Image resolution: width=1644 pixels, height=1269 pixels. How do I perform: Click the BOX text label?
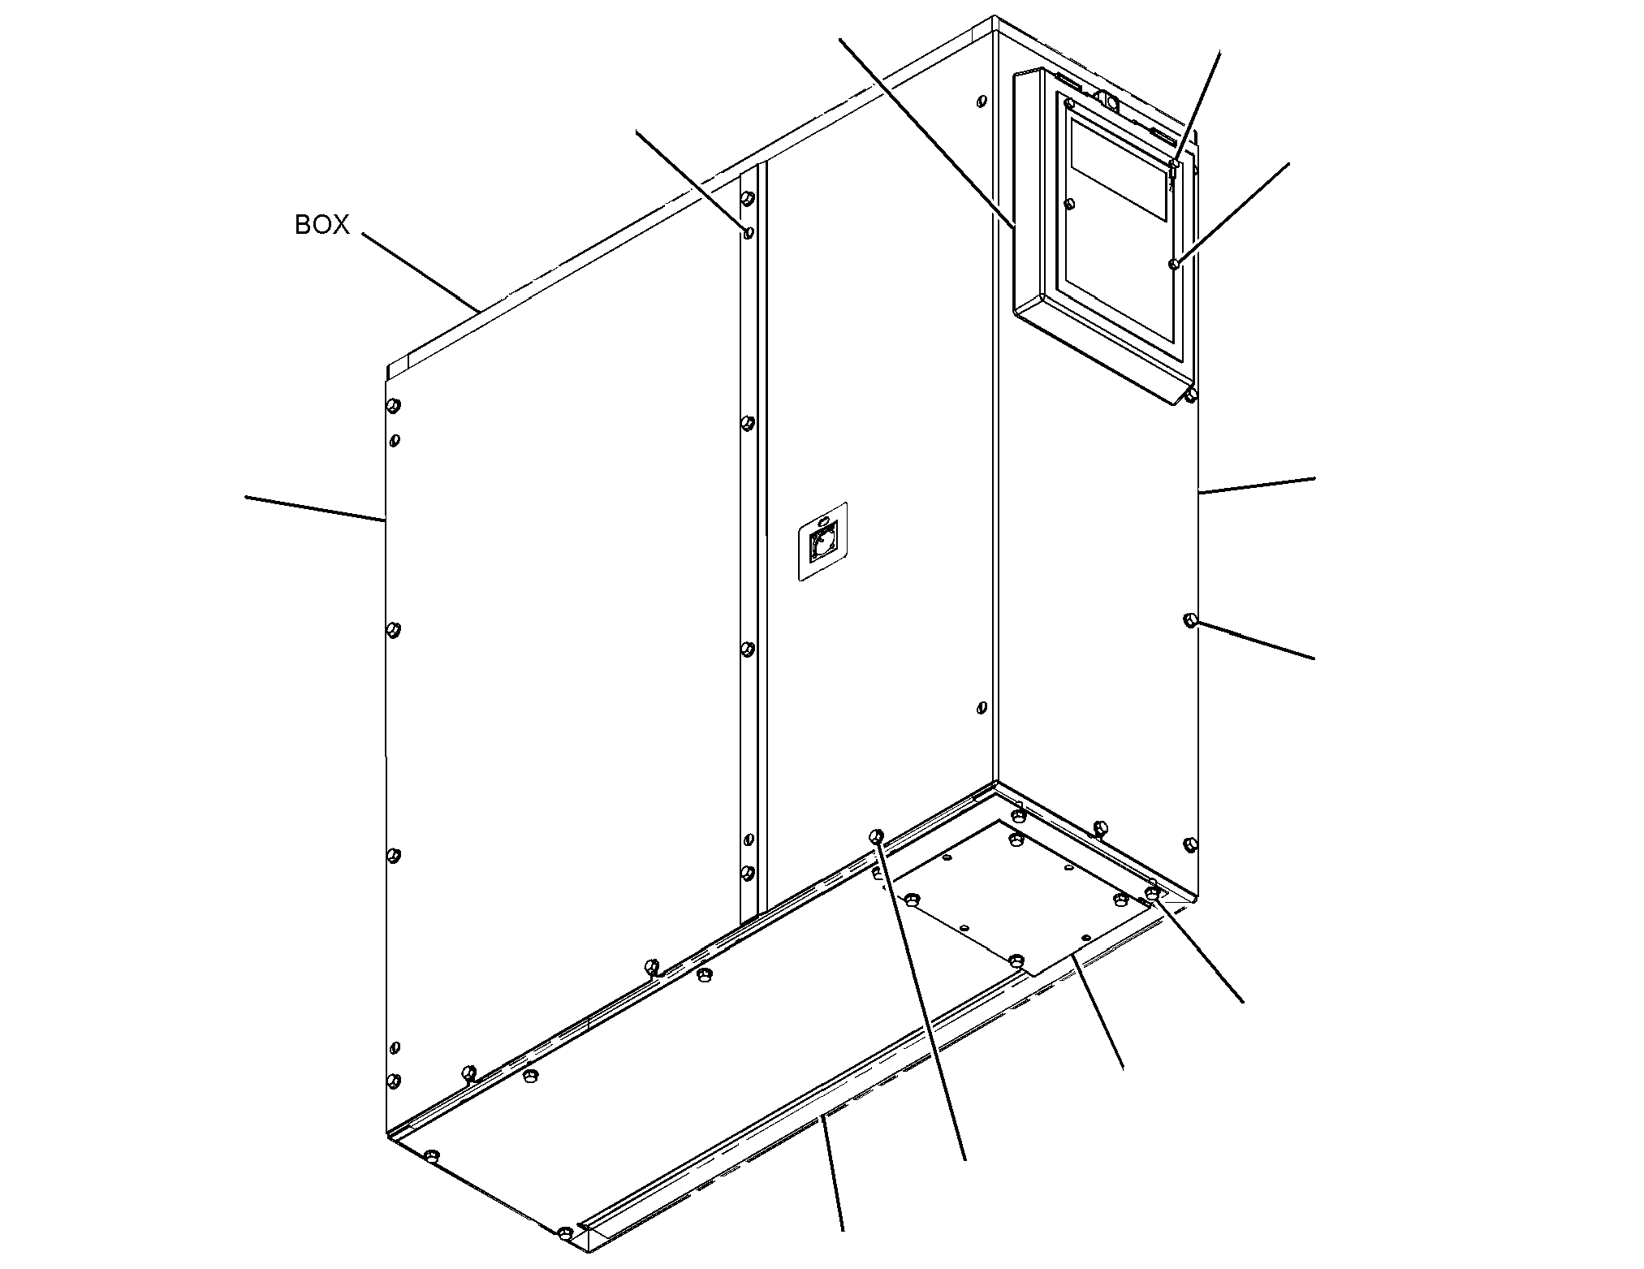tap(321, 225)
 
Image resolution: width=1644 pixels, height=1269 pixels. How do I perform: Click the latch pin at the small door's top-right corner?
tap(1174, 165)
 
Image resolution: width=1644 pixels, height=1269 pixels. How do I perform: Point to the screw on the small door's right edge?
tap(1174, 264)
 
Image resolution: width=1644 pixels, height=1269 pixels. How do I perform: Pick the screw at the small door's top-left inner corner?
tap(1070, 103)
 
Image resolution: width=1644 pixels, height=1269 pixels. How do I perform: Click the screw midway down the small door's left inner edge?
tap(1070, 202)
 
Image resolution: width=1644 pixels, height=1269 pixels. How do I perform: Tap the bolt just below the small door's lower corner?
tap(1190, 395)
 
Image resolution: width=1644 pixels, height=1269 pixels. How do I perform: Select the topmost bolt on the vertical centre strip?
tap(748, 198)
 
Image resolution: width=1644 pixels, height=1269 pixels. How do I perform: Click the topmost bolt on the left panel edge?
tap(394, 405)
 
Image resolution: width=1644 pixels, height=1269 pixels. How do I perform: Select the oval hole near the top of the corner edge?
tap(982, 102)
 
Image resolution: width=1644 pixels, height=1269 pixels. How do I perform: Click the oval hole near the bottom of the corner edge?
tap(982, 708)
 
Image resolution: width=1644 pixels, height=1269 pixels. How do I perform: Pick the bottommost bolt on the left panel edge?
tap(394, 1080)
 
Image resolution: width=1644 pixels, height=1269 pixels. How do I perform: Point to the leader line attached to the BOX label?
tap(420, 273)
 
